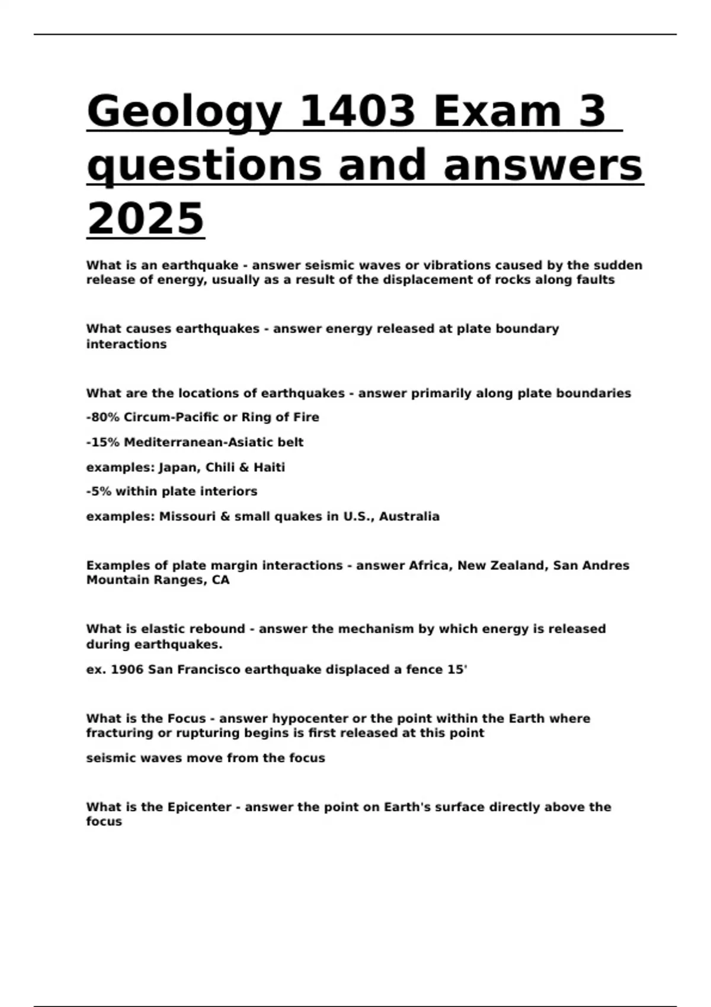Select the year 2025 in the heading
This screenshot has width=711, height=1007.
pos(145,218)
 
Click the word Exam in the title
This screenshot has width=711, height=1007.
pos(497,111)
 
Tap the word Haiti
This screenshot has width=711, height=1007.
pos(269,467)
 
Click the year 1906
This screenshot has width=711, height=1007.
pos(127,669)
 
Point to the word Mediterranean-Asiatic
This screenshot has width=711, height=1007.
pos(196,442)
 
